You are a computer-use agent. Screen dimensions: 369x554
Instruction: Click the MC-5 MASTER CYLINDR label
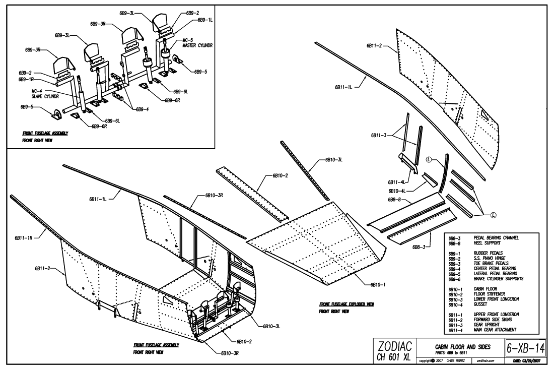(x=192, y=42)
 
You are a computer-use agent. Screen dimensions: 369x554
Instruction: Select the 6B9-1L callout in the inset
(x=205, y=20)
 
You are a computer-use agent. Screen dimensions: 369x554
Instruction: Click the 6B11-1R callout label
(x=23, y=237)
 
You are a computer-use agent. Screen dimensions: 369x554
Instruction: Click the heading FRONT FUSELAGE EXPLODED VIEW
(x=346, y=305)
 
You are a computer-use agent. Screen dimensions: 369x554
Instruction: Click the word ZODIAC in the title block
(x=396, y=345)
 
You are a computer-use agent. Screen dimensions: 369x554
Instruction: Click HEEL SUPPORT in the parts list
(x=486, y=242)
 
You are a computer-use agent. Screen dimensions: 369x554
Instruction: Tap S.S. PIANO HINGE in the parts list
(x=490, y=259)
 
